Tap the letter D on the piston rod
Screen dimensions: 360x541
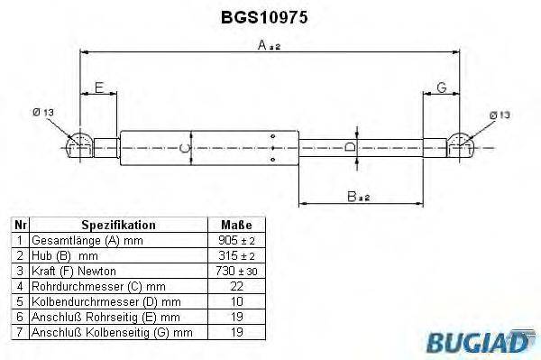click(352, 147)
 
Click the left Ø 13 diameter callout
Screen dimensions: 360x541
click(42, 113)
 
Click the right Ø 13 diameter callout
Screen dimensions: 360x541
click(500, 115)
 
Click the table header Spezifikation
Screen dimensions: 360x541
click(118, 225)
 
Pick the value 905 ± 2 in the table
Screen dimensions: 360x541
click(236, 241)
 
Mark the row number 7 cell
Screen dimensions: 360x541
click(19, 333)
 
